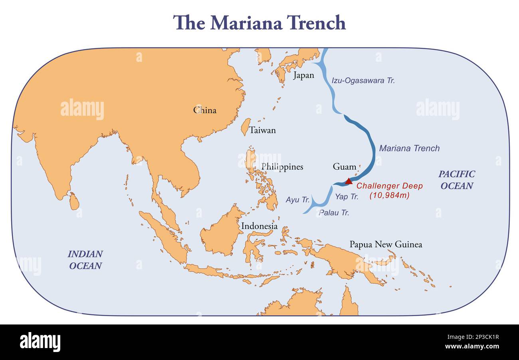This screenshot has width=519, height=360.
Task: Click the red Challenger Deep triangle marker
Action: point(349,181)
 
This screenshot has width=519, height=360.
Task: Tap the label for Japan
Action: point(303,75)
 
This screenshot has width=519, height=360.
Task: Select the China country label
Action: point(205,110)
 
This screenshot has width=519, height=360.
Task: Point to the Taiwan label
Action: point(262,130)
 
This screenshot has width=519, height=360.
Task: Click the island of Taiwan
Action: point(246,127)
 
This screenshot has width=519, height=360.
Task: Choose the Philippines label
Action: point(282,166)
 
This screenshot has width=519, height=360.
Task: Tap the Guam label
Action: point(344,166)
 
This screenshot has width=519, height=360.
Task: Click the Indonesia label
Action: point(259,226)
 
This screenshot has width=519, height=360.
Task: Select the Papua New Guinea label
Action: point(386,244)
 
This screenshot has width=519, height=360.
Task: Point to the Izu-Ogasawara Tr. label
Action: point(363,80)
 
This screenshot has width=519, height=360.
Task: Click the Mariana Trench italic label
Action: point(409,148)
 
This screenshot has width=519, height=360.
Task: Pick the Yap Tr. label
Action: point(347,196)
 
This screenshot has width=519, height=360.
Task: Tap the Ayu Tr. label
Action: point(298,200)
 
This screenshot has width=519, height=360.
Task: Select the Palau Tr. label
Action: point(334,213)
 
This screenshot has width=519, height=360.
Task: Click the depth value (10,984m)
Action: point(389,196)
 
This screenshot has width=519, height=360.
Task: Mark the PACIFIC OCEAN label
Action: point(457,180)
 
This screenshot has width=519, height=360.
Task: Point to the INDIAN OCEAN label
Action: point(85,260)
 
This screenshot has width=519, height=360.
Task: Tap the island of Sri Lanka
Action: point(74,201)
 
